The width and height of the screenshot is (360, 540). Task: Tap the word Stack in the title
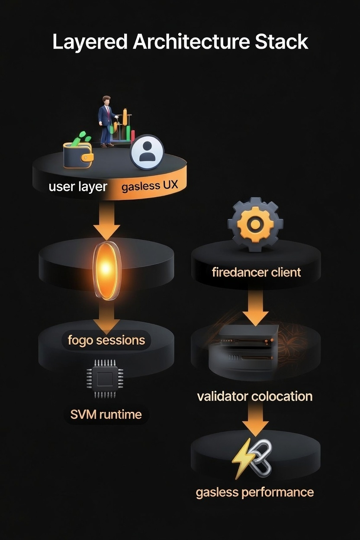[281, 42]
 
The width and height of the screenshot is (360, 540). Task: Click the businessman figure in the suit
[106, 121]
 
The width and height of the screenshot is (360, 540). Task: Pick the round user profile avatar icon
[147, 152]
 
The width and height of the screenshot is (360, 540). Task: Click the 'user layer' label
[78, 187]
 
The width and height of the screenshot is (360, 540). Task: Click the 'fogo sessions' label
[106, 340]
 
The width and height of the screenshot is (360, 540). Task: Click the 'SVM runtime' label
[106, 414]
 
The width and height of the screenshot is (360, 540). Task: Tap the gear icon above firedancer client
[255, 224]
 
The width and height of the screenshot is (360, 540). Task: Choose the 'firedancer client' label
[256, 273]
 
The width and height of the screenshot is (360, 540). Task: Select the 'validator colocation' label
[255, 396]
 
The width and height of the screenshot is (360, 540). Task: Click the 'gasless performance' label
[255, 492]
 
